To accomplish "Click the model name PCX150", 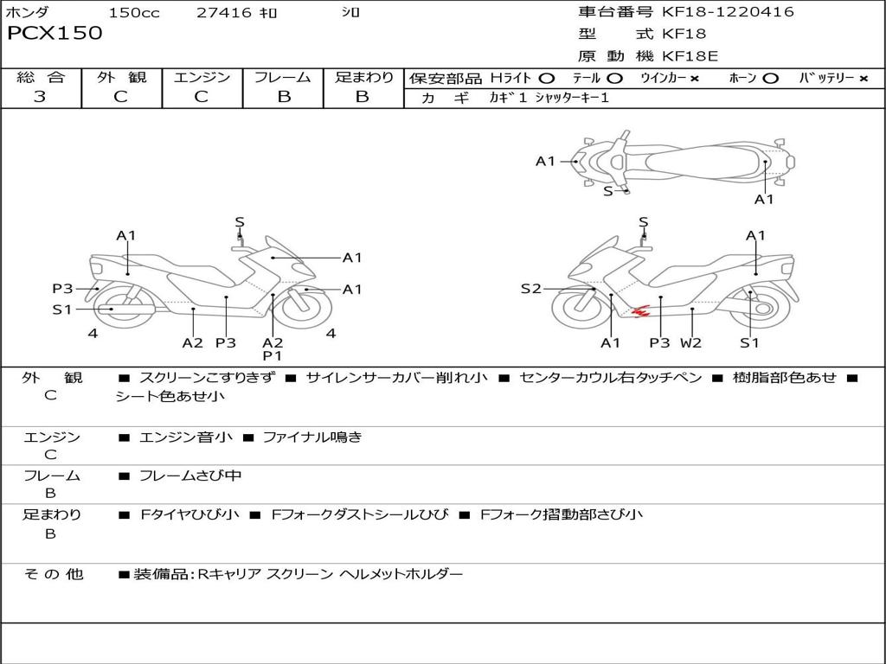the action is (x=55, y=34).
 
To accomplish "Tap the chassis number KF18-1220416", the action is (x=728, y=12).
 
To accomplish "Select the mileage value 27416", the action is (x=223, y=13).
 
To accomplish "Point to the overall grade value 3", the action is (x=40, y=97).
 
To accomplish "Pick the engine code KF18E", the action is (x=690, y=57).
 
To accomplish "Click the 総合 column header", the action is (x=41, y=78).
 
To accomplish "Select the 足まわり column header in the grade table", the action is (x=363, y=78).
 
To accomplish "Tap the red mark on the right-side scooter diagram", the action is (x=640, y=310).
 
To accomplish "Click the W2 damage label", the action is (x=690, y=343).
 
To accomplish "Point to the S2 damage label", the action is (x=530, y=289).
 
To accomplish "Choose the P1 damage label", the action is (x=273, y=355).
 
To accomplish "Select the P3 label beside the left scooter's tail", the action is (x=62, y=289).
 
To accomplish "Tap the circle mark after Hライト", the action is (x=547, y=79).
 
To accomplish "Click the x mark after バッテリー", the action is (x=864, y=79).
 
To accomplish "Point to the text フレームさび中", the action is (x=190, y=476).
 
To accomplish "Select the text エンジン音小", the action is (x=186, y=437).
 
